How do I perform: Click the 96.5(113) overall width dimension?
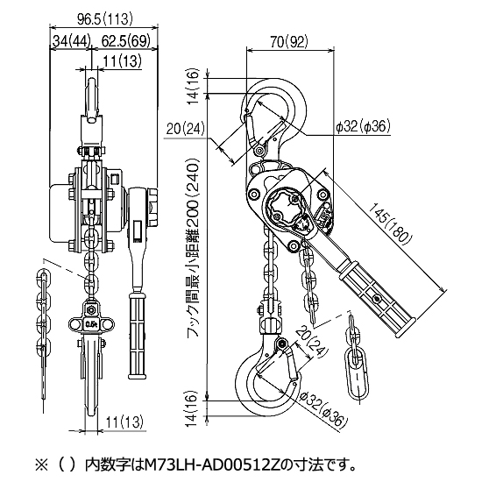105,19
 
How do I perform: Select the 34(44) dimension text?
72,40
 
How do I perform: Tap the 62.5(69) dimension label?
125,40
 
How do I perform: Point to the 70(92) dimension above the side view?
289,41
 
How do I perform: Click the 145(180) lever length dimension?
389,223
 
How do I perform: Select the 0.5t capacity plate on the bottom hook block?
91,324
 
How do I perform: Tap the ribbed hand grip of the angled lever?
377,296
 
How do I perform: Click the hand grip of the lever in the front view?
137,336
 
